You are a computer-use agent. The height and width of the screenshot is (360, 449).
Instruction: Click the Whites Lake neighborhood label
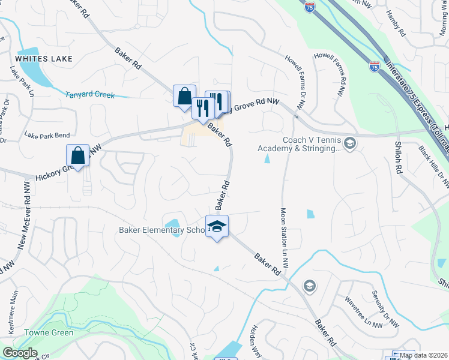point(44,59)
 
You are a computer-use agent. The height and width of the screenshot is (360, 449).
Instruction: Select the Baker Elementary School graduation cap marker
point(217,227)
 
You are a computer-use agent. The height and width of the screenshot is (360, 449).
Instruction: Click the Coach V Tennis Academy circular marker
point(350,143)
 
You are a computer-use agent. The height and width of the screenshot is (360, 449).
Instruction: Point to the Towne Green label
point(49,332)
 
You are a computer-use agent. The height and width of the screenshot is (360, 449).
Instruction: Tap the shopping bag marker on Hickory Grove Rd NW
point(78,155)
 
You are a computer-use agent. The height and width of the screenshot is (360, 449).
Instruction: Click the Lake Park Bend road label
point(47,136)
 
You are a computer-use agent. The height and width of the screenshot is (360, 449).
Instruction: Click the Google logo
point(20,353)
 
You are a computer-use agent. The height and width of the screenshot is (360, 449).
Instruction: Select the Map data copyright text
point(424,355)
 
